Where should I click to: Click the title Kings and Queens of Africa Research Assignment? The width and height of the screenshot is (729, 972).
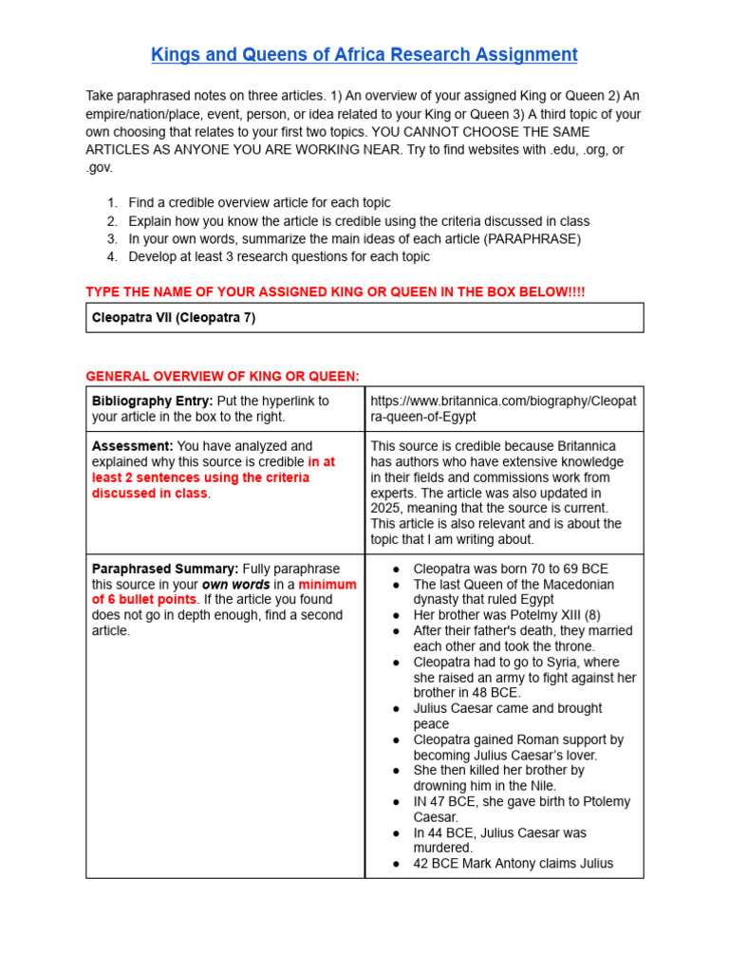pyautogui.click(x=364, y=55)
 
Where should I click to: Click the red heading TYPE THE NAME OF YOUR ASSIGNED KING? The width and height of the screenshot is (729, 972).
pyautogui.click(x=335, y=291)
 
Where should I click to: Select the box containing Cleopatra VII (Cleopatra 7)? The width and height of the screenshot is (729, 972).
pyautogui.click(x=364, y=318)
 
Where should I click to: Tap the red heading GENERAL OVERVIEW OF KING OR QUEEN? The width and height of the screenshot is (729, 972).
pyautogui.click(x=222, y=377)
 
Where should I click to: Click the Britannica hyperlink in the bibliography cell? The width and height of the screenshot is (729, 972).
pyautogui.click(x=503, y=409)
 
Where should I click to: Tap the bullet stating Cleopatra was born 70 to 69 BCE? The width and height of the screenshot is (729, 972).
pyautogui.click(x=511, y=569)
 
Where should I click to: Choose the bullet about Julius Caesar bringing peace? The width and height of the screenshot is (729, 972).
pyautogui.click(x=507, y=716)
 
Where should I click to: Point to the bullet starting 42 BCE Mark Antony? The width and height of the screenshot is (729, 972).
pyautogui.click(x=513, y=863)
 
